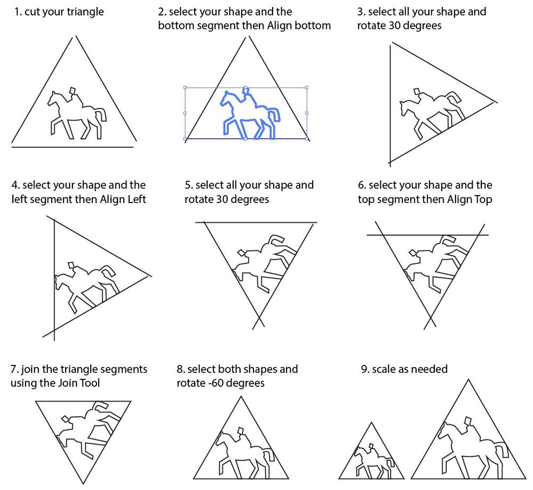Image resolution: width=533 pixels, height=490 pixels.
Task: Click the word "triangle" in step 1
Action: point(85,12)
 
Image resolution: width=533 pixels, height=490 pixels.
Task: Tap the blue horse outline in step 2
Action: point(250,114)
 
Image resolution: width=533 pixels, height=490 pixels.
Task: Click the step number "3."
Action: point(361,12)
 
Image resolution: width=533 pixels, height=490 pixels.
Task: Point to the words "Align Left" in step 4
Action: point(123,199)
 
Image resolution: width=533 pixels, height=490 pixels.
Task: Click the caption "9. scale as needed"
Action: point(404,369)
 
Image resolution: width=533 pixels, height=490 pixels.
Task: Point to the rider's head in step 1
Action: point(73,91)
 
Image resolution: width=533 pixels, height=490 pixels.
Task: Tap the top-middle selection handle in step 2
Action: point(246,88)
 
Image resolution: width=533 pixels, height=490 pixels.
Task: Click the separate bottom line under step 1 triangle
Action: point(73,147)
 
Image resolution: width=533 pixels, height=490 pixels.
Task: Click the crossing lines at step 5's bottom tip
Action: point(259,318)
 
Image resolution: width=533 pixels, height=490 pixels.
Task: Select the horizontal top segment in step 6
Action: point(427,235)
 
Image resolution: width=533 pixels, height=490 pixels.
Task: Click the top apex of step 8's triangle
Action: point(241,396)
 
